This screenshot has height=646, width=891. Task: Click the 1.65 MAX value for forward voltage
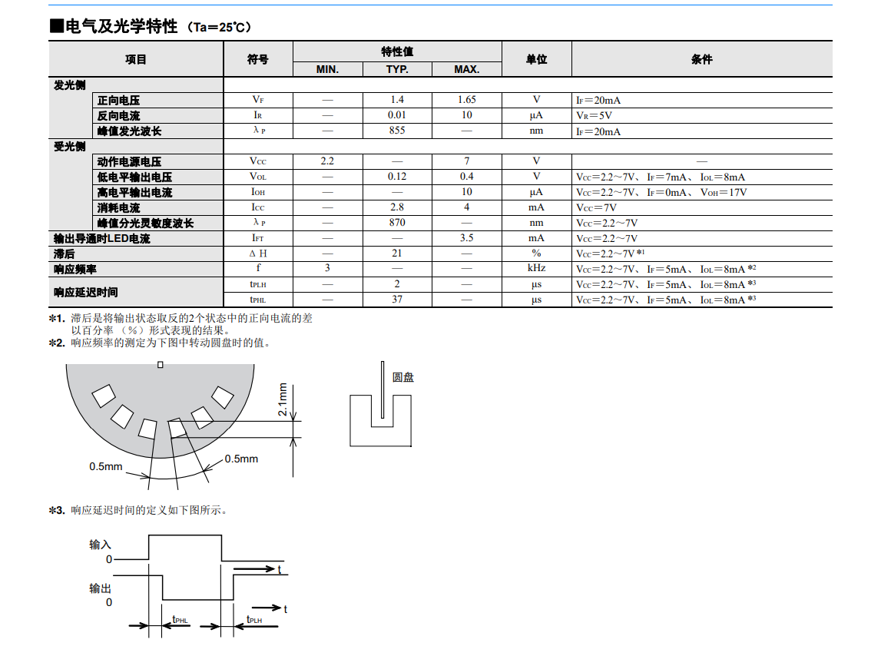pyautogui.click(x=466, y=100)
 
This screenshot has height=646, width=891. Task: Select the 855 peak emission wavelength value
pyautogui.click(x=397, y=131)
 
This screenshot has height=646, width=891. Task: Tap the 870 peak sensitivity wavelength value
pyautogui.click(x=397, y=223)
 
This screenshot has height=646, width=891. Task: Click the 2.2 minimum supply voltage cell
pyautogui.click(x=327, y=161)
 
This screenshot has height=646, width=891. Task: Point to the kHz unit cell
pyautogui.click(x=536, y=269)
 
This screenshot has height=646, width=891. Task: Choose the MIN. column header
pyautogui.click(x=327, y=69)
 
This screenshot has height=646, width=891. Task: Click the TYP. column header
pyautogui.click(x=397, y=69)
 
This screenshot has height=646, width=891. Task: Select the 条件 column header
pyautogui.click(x=701, y=59)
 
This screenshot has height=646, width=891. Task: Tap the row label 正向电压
pyautogui.click(x=119, y=101)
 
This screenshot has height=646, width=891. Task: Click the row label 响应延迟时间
pyautogui.click(x=86, y=293)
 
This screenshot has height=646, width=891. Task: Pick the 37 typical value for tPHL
pyautogui.click(x=397, y=300)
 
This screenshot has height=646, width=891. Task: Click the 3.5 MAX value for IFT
pyautogui.click(x=466, y=238)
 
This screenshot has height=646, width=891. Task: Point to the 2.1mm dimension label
pyautogui.click(x=283, y=399)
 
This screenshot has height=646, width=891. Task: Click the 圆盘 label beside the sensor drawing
pyautogui.click(x=403, y=377)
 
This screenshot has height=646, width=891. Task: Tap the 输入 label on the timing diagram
pyautogui.click(x=101, y=545)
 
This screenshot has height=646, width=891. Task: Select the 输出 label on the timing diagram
pyautogui.click(x=101, y=588)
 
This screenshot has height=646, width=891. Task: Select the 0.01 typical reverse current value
pyautogui.click(x=397, y=115)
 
